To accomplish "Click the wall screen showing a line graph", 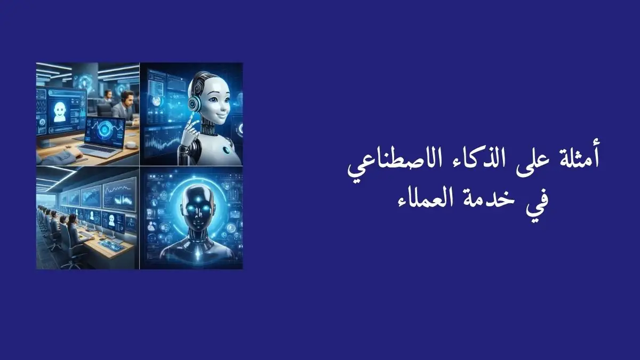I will point(119,194).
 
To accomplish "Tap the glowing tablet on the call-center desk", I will point(110,245).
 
